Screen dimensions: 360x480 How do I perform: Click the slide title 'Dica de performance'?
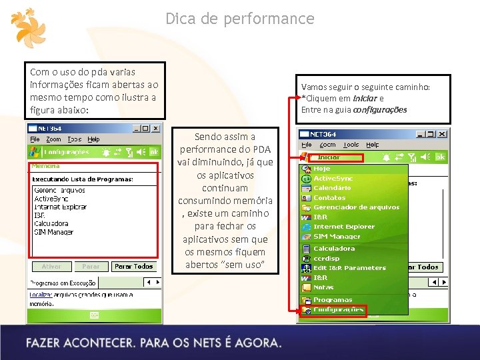click(x=239, y=19)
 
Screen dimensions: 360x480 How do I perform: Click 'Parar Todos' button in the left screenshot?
click(x=133, y=266)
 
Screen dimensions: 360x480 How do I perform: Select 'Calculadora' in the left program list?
click(x=51, y=224)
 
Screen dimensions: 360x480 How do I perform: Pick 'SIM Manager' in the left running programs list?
click(x=53, y=232)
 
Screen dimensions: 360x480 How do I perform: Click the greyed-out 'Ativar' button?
click(x=51, y=266)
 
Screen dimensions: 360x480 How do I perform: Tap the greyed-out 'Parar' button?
click(x=91, y=266)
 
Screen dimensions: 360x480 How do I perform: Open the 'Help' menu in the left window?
click(x=94, y=139)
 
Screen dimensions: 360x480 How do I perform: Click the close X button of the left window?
click(x=155, y=128)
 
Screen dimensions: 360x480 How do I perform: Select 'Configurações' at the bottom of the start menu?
click(x=338, y=309)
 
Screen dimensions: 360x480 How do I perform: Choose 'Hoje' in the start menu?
click(x=322, y=169)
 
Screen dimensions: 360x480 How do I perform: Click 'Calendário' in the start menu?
click(x=332, y=188)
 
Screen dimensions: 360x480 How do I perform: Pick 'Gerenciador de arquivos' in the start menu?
click(x=356, y=207)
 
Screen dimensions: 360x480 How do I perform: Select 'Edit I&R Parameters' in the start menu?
click(x=349, y=268)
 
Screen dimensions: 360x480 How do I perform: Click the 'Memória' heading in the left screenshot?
click(x=45, y=165)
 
